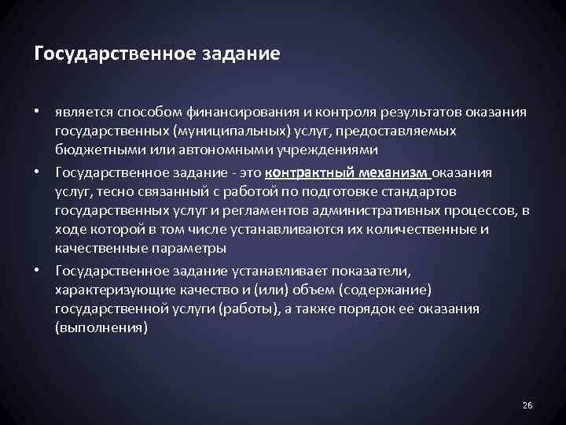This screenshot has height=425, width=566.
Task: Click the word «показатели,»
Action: [x=366, y=272]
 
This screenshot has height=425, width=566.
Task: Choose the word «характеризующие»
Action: [x=108, y=290]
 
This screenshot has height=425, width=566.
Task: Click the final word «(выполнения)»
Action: [x=101, y=328]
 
